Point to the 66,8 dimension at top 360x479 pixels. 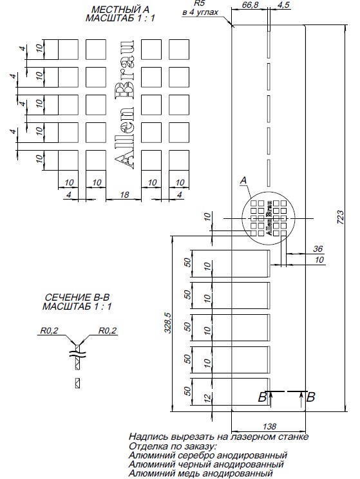point(250,5)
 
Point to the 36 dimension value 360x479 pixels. point(317,249)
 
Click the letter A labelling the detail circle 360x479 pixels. point(243,182)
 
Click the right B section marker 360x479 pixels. point(311,397)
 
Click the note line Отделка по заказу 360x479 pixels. point(173,446)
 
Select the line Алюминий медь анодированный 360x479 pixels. point(200,473)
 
